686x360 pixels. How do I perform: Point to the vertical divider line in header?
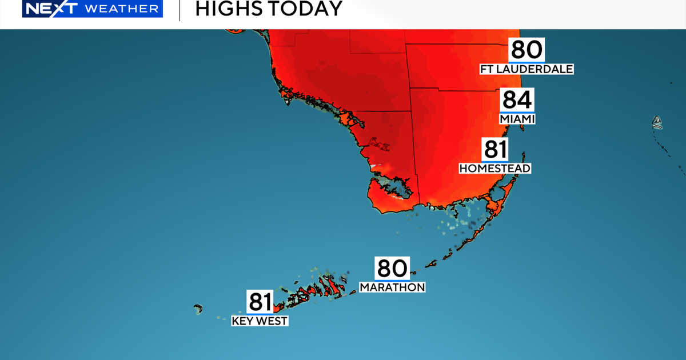point(180,10)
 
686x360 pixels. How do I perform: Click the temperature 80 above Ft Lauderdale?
point(527,50)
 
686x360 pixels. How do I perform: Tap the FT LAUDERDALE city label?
point(526,69)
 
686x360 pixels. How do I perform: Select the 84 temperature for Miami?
point(517,100)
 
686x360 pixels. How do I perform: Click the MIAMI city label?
point(517,119)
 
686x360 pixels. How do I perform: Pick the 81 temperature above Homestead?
point(495,150)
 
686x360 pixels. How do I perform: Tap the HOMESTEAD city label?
point(495,168)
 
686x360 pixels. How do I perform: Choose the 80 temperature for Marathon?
point(392,268)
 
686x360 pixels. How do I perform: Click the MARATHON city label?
point(392,287)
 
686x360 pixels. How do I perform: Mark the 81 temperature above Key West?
point(260,302)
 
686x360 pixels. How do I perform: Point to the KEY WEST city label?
point(260,321)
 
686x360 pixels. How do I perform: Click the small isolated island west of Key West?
point(198,309)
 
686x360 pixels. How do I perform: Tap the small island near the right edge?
point(657,121)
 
